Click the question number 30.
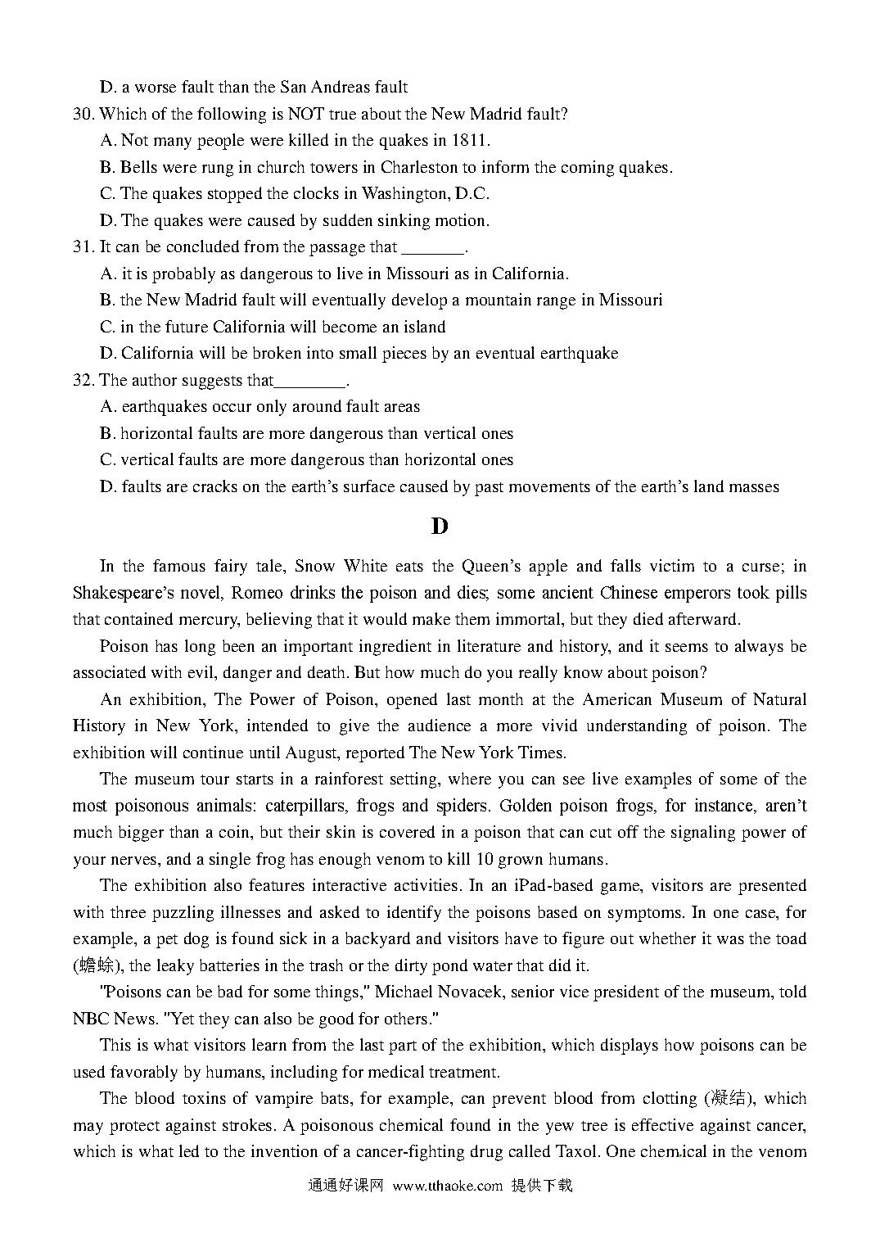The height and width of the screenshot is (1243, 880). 83,115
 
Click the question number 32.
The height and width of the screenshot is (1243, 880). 83,381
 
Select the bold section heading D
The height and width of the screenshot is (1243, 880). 440,527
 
